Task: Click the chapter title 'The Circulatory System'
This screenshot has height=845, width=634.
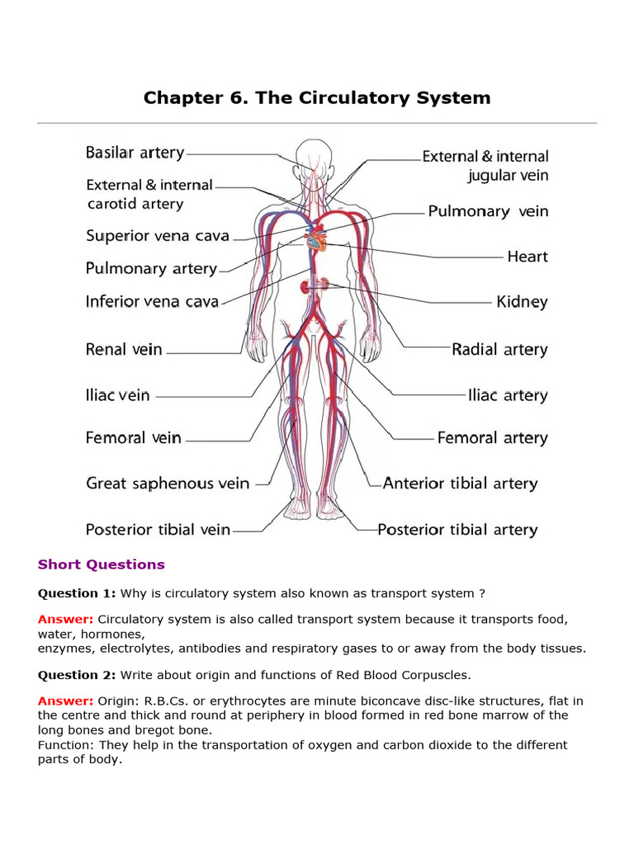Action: pyautogui.click(x=317, y=98)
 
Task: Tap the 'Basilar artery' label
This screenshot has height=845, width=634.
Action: pyautogui.click(x=135, y=153)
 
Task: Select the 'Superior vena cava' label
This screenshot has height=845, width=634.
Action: pyautogui.click(x=158, y=236)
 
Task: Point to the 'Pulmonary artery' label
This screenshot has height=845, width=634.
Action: pyautogui.click(x=151, y=268)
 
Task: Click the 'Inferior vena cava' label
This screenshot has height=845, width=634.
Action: pyautogui.click(x=152, y=301)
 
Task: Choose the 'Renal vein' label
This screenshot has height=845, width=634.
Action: pyautogui.click(x=124, y=350)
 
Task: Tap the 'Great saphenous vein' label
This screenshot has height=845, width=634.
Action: pyautogui.click(x=168, y=484)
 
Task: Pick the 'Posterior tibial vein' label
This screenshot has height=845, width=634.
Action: pyautogui.click(x=158, y=530)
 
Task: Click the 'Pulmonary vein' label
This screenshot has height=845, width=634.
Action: pyautogui.click(x=487, y=212)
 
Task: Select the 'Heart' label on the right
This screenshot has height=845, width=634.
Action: pyautogui.click(x=528, y=257)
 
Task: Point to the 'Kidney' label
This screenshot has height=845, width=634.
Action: pyautogui.click(x=522, y=302)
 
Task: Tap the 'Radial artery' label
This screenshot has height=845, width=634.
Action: pyautogui.click(x=499, y=350)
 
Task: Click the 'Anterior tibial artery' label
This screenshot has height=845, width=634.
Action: pyautogui.click(x=460, y=484)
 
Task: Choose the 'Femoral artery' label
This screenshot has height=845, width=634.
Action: pyautogui.click(x=492, y=438)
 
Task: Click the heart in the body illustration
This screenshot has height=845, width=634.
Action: pyautogui.click(x=316, y=242)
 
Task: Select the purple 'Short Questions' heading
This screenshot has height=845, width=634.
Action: pyautogui.click(x=102, y=564)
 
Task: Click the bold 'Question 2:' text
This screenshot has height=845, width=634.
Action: pyautogui.click(x=77, y=676)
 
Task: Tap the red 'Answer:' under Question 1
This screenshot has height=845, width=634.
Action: pyautogui.click(x=65, y=619)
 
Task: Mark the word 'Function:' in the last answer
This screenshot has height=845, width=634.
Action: pyautogui.click(x=65, y=745)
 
